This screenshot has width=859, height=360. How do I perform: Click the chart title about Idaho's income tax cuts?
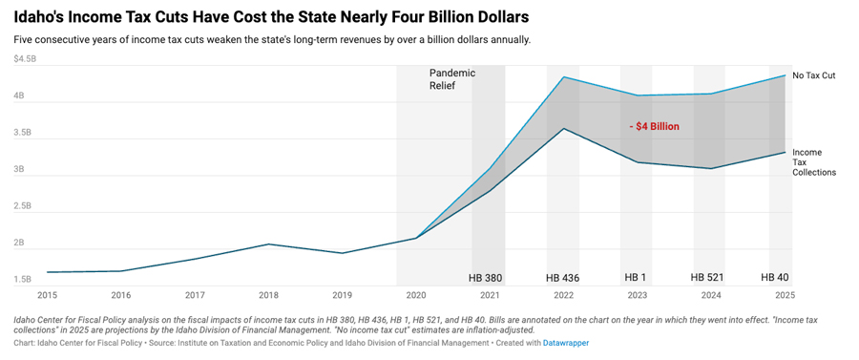pos(271,17)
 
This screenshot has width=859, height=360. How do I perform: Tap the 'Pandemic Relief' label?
pos(451,79)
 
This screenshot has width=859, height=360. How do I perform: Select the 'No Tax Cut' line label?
pos(814,74)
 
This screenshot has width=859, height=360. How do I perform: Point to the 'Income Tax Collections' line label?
pos(813,162)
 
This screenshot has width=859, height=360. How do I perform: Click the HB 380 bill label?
pos(485,278)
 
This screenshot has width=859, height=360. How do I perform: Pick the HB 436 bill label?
pos(563,278)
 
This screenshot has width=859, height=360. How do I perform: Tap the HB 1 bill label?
pos(635,278)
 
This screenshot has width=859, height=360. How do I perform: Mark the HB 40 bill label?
pos(774,278)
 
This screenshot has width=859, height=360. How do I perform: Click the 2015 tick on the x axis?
pos(48,295)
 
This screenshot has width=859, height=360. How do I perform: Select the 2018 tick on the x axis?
pos(269,295)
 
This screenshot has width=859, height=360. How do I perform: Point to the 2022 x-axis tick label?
pos(564,295)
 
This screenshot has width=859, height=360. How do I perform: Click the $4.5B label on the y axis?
pos(25,59)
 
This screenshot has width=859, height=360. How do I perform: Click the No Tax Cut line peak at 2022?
pos(564,77)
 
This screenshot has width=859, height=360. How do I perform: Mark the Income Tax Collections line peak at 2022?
pos(564,129)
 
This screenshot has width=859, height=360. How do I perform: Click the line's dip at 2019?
pos(343,253)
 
